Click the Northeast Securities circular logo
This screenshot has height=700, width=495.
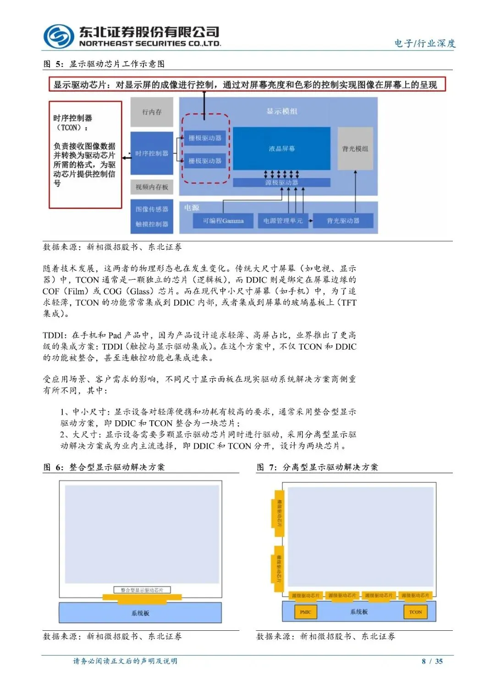[58, 37]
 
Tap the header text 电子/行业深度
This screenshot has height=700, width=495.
[425, 44]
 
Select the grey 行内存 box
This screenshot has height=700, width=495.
[152, 112]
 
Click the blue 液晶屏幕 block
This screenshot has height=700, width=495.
[281, 149]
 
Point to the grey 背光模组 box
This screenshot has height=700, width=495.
[355, 149]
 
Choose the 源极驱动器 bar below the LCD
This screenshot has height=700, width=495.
[281, 182]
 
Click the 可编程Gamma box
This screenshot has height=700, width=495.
[223, 221]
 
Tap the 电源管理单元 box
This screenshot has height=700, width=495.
[283, 221]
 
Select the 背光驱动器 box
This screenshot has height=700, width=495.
[343, 221]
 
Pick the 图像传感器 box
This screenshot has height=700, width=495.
[152, 209]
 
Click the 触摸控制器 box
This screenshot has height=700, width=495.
[152, 224]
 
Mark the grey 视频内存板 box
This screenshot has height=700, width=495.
[152, 187]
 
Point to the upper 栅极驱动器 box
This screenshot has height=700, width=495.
[205, 138]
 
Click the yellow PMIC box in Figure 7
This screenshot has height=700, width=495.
[305, 612]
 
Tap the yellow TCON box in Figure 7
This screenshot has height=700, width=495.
[415, 612]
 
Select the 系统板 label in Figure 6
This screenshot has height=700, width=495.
[140, 613]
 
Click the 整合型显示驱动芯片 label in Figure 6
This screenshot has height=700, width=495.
[142, 590]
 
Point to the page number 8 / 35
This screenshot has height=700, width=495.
[432, 661]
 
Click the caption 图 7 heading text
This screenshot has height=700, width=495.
[317, 467]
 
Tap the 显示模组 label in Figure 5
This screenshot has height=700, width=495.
[282, 111]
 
